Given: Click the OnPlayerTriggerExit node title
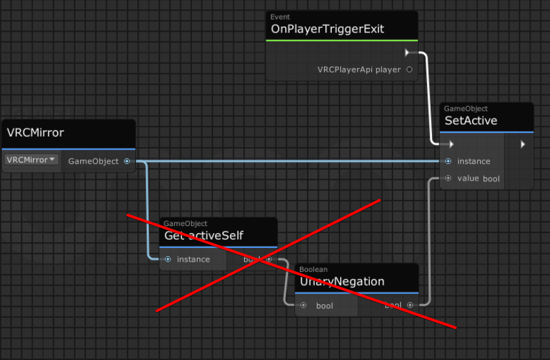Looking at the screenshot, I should pos(327,29).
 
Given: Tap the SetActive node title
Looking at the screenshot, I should pos(471,120).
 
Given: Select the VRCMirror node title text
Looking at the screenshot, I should pos(36,133).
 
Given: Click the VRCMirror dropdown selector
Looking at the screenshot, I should pos(31,160).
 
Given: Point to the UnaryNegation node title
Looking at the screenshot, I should pos(342,282).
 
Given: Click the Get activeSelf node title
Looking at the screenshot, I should pos(203,236).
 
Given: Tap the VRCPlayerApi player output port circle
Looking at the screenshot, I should pos(409,69).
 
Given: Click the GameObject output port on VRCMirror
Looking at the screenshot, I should pos(127,161).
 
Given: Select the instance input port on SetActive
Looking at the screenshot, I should pos(448,161).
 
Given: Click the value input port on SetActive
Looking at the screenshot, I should pos(448,178).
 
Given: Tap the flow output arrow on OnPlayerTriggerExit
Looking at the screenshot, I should pos(407,52).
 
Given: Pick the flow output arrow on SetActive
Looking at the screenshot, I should pos(523,144).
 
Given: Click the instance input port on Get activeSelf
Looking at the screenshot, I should pos(168,259).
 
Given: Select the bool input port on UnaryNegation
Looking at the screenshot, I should pos(303,305).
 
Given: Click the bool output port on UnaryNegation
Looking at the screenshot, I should pos(409,305).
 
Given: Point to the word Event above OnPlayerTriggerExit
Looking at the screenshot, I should pos(281,17).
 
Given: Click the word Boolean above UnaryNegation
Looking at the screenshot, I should pos(314,269).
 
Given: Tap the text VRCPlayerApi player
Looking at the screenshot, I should pos(359,69).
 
